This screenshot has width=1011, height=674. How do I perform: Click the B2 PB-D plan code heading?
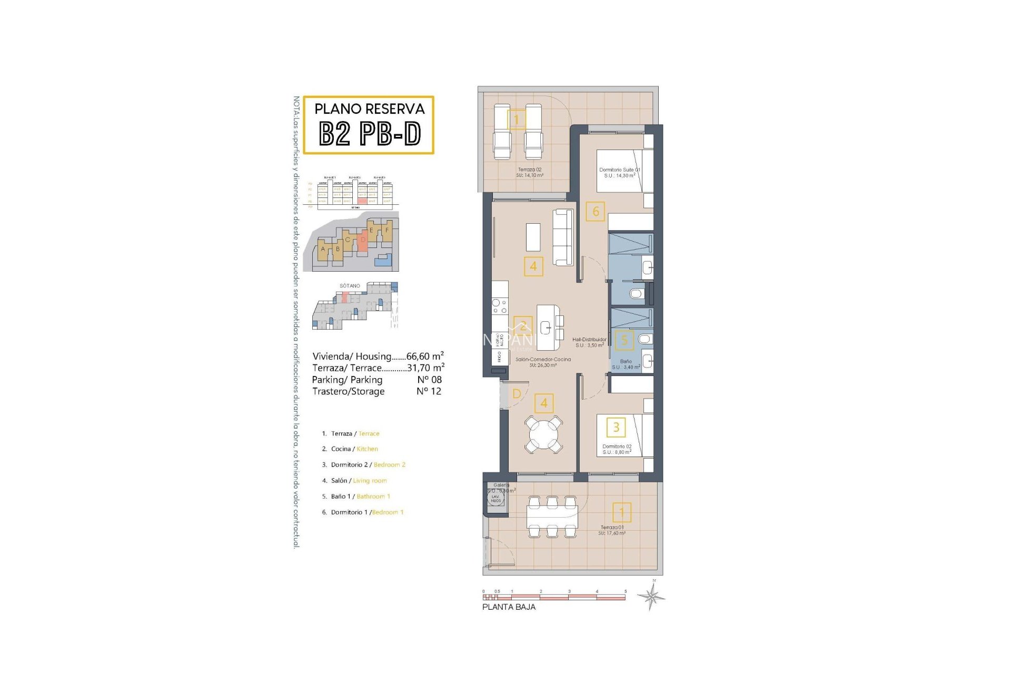pyautogui.click(x=370, y=134)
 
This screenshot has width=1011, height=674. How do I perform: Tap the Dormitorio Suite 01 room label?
pyautogui.click(x=620, y=172)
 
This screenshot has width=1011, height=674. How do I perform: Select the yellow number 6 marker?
pyautogui.click(x=596, y=212)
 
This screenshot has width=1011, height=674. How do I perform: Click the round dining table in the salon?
pyautogui.click(x=544, y=434)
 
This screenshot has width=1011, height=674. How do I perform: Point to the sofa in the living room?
pyautogui.click(x=563, y=237)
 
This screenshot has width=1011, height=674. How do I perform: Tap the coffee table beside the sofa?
pyautogui.click(x=533, y=237)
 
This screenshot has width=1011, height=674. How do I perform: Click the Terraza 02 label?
pyautogui.click(x=530, y=172)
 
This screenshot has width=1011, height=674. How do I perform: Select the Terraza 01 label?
pyautogui.click(x=612, y=530)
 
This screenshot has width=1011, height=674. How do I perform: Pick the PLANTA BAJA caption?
pyautogui.click(x=509, y=607)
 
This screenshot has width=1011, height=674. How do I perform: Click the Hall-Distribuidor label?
pyautogui.click(x=589, y=342)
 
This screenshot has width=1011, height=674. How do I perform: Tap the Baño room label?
pyautogui.click(x=626, y=364)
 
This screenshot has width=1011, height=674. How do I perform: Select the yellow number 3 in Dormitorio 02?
pyautogui.click(x=616, y=427)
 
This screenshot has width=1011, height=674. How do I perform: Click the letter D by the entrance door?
pyautogui.click(x=517, y=394)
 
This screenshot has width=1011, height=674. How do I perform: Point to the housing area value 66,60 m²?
pyautogui.click(x=424, y=356)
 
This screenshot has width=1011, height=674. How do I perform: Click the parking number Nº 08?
pyautogui.click(x=429, y=380)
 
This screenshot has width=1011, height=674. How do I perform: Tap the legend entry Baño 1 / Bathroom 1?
pyautogui.click(x=356, y=497)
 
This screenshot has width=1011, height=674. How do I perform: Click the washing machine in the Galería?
pyautogui.click(x=495, y=498)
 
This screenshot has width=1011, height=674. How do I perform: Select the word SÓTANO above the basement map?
pyautogui.click(x=350, y=286)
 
